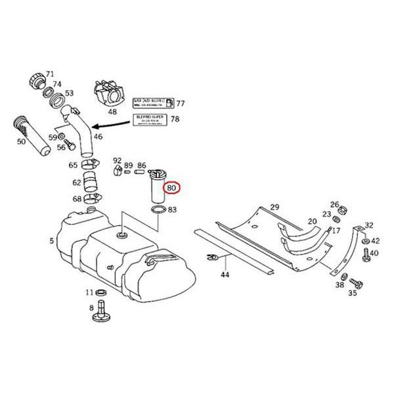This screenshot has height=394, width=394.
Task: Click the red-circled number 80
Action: pos(172,188)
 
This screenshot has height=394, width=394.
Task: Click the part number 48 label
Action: pos(112,112)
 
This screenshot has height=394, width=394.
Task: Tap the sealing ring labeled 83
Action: pos(158,211)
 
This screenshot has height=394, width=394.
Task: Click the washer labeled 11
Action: pos(102,292)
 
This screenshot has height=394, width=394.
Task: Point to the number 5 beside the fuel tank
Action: pos(51,241)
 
